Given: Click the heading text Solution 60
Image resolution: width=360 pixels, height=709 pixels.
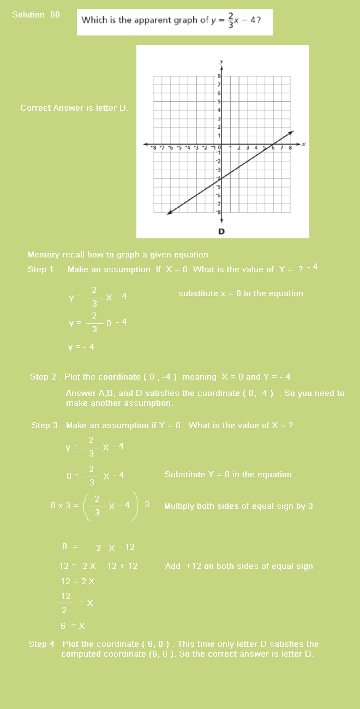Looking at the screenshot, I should click(36, 15).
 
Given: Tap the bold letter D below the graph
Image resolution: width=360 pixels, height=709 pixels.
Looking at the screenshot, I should click(221, 231).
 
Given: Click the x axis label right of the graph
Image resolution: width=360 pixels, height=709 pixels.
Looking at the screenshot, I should click(304, 144).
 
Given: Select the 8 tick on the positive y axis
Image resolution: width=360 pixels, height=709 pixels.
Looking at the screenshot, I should click(219, 76).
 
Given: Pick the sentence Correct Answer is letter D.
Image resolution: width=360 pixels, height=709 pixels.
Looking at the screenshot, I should click(75, 108).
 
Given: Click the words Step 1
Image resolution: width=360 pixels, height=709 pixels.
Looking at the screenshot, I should click(43, 269).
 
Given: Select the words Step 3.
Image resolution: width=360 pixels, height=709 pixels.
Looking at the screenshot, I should click(46, 425).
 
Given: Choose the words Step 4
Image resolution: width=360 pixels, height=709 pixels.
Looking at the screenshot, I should click(41, 644).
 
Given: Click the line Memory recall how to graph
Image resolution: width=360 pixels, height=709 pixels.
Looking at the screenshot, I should click(118, 255).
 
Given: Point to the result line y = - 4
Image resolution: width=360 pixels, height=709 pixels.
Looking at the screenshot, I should click(81, 347).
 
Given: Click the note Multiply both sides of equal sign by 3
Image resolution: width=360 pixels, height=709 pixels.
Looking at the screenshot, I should click(238, 506).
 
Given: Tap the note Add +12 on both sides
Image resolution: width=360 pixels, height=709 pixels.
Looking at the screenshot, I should click(239, 566).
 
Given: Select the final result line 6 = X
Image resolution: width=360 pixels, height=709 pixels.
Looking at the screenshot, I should click(73, 626).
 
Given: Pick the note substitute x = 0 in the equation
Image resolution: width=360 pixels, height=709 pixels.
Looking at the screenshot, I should click(241, 293).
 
